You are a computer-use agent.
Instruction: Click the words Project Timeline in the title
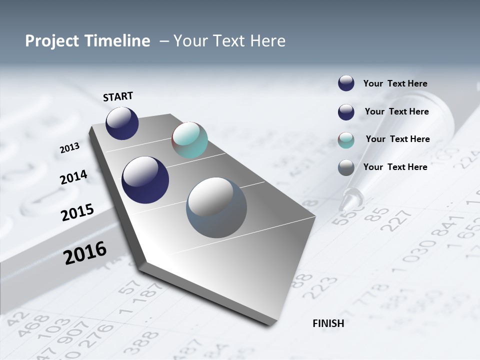[87, 41]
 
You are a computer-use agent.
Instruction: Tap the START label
[118, 96]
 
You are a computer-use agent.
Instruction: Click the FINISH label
[328, 323]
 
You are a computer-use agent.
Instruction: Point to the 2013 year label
[70, 148]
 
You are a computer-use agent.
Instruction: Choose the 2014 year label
[74, 177]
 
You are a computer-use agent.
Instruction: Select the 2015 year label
[77, 212]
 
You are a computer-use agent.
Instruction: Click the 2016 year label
[85, 252]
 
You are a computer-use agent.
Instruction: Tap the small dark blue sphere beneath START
[122, 123]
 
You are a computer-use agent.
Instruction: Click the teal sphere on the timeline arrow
[189, 140]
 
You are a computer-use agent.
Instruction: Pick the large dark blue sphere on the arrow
[145, 180]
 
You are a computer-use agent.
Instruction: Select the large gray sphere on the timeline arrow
[216, 207]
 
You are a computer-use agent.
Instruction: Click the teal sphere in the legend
[346, 140]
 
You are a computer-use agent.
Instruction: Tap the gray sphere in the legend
[346, 167]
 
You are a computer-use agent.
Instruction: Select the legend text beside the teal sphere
[397, 139]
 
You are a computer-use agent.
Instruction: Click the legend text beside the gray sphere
[395, 167]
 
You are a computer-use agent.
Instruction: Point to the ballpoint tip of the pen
[344, 205]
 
